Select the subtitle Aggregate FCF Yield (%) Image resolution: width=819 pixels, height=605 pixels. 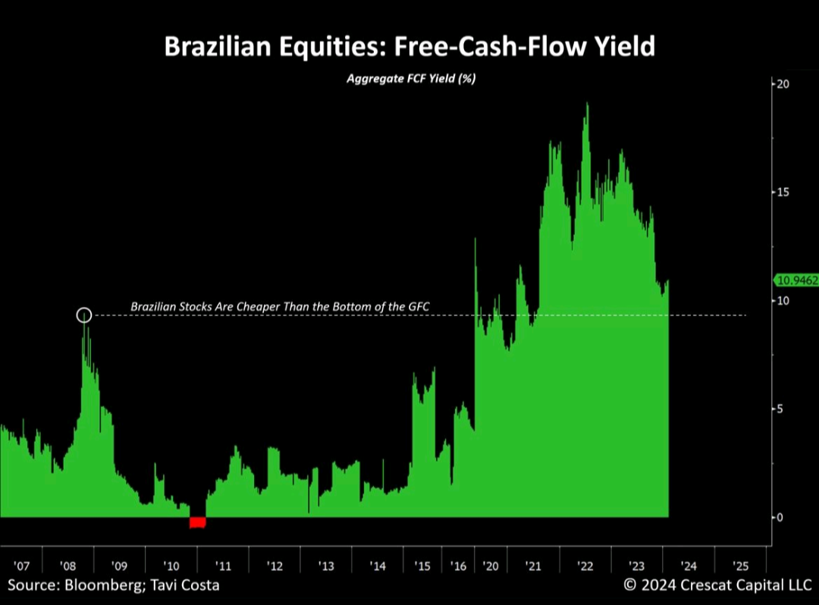point(411,78)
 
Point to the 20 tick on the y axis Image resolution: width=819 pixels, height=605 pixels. point(781,83)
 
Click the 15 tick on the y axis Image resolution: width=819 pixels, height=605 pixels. point(781,192)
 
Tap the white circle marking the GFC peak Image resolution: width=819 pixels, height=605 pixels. point(84,315)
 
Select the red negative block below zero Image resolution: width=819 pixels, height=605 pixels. point(197,522)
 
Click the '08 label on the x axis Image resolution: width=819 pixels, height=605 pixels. point(67,565)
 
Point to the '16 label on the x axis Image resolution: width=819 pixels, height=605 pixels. point(459,565)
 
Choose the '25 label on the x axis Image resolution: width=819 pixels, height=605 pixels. point(739,565)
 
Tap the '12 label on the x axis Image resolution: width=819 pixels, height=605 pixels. point(275,565)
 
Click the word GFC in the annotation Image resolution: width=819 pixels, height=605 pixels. point(418,307)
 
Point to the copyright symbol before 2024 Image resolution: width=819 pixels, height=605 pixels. point(630,585)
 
